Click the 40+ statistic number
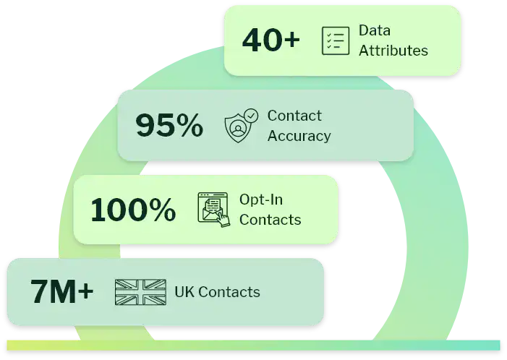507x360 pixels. pos(271,40)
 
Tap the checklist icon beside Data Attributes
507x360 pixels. pos(336,40)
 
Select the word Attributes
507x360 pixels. pos(393,51)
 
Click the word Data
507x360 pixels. pos(375,30)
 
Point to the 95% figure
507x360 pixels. pos(169,125)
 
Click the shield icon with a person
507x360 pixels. pos(238,127)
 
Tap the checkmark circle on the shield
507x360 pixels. pos(251,115)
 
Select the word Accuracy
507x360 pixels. pos(299,136)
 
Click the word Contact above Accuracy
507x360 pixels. pos(294,116)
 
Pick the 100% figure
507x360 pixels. pos(133,210)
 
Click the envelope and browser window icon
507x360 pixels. pos(214,210)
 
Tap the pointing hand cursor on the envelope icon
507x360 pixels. pos(223,220)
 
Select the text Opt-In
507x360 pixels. pos(261,200)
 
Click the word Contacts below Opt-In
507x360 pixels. pos(270,220)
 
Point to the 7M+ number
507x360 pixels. pos(61,292)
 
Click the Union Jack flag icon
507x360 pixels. pos(140,292)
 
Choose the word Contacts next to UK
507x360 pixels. pos(229,292)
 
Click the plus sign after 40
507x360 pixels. pos(291,40)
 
